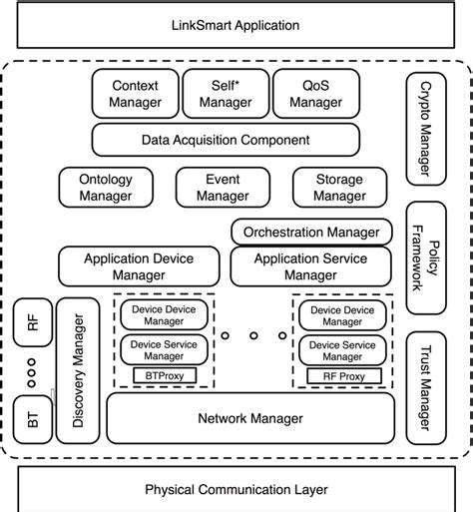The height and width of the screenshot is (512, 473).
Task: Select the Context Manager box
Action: point(135,94)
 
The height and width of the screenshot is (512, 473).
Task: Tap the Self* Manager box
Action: point(225,94)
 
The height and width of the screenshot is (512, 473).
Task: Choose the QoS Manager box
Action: point(315,94)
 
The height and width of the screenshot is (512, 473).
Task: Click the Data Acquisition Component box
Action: point(226,140)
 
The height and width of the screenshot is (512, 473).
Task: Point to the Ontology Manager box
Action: point(105,187)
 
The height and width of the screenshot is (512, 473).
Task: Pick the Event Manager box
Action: point(223,187)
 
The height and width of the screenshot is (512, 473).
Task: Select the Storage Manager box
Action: point(338,187)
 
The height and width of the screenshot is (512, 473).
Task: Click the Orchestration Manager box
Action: point(311,233)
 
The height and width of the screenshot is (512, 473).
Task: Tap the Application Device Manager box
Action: point(139,266)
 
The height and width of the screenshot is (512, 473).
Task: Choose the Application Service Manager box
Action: point(311,266)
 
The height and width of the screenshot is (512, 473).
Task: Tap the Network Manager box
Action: point(251,418)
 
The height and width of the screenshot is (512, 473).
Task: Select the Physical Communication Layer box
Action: point(236,489)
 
